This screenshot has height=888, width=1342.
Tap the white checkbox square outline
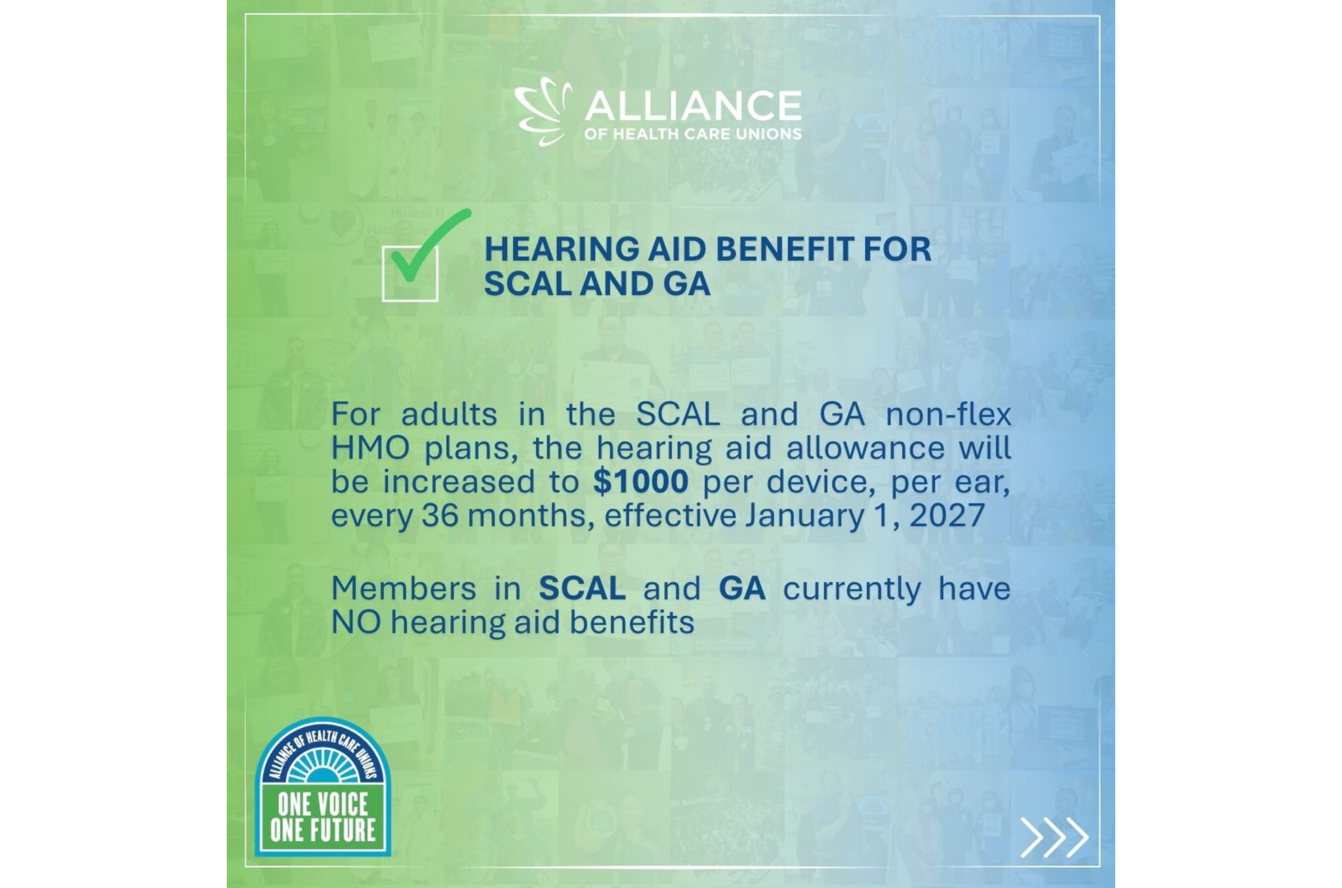[383, 273]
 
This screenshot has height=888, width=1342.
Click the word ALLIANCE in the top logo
[693, 105]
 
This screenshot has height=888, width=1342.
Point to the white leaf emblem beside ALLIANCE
[543, 111]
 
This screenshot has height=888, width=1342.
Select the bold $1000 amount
[641, 481]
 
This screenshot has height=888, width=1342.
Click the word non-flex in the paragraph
[948, 414]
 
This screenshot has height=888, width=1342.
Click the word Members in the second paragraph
[404, 588]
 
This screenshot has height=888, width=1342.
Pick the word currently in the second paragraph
[852, 590]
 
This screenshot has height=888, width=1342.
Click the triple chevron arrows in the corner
[1054, 837]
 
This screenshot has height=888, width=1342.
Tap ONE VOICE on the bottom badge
[323, 804]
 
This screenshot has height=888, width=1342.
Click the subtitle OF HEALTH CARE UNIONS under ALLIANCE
[693, 134]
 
